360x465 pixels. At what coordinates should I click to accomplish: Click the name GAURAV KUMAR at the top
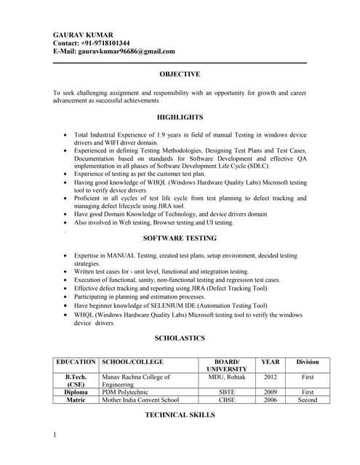[82, 33]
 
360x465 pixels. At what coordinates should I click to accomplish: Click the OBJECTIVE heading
[180, 74]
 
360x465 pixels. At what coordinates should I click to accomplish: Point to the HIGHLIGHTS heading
[180, 117]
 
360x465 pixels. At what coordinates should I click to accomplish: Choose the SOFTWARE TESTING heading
[180, 238]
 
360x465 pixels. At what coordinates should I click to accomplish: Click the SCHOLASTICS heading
[180, 338]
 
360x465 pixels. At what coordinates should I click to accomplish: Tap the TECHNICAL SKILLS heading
[180, 414]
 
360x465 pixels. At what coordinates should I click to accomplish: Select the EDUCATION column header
[76, 361]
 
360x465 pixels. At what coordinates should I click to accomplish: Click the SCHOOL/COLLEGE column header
[132, 361]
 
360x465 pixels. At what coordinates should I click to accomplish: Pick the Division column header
[307, 361]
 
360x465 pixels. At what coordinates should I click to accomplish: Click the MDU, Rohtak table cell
[227, 377]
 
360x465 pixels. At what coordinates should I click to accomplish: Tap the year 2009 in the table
[270, 392]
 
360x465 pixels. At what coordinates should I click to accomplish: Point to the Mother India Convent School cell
[140, 400]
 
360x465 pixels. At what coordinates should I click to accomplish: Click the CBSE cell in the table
[227, 400]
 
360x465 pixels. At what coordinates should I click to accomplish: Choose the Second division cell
[307, 400]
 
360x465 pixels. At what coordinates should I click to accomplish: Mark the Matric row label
[76, 400]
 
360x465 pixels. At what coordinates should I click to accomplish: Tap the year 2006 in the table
[270, 400]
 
